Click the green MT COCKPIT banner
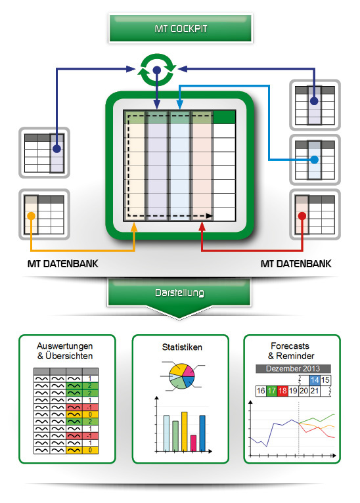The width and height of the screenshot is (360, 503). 180,28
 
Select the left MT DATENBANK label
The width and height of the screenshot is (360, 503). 63,264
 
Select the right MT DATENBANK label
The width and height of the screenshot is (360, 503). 296,264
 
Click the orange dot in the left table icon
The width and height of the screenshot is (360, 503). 31,216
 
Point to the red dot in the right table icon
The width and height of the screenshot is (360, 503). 302,216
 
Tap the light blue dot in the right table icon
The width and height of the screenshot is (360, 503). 315,160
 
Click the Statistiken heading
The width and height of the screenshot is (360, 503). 182,347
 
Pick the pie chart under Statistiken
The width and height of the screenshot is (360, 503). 182,376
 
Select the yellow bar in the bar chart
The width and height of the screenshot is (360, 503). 184,431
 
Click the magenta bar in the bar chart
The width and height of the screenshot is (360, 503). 193,443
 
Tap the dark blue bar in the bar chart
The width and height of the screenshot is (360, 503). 202,433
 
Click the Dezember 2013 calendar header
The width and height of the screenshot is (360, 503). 293,368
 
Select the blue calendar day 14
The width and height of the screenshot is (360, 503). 315,380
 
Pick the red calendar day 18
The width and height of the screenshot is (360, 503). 282,391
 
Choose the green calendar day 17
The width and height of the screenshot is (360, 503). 272,391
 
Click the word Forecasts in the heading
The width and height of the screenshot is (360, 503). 290,346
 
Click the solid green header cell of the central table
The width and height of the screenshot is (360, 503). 224,117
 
